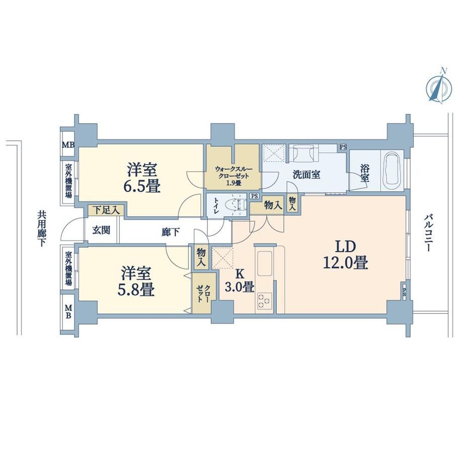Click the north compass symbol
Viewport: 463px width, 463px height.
click(439, 86)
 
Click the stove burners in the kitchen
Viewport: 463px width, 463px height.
click(264, 300)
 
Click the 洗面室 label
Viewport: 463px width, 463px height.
click(306, 175)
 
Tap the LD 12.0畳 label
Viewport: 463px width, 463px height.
click(345, 255)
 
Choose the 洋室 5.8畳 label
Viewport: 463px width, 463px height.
click(136, 281)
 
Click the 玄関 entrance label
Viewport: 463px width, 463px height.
click(101, 230)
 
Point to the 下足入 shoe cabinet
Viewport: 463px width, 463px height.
click(106, 210)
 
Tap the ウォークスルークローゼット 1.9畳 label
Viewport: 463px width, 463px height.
click(234, 176)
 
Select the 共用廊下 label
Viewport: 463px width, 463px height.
click(42, 228)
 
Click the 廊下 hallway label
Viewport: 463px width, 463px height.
click(171, 232)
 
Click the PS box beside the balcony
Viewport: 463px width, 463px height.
click(404, 292)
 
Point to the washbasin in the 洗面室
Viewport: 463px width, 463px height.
click(303, 153)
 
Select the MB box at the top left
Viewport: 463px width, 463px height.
click(68, 145)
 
